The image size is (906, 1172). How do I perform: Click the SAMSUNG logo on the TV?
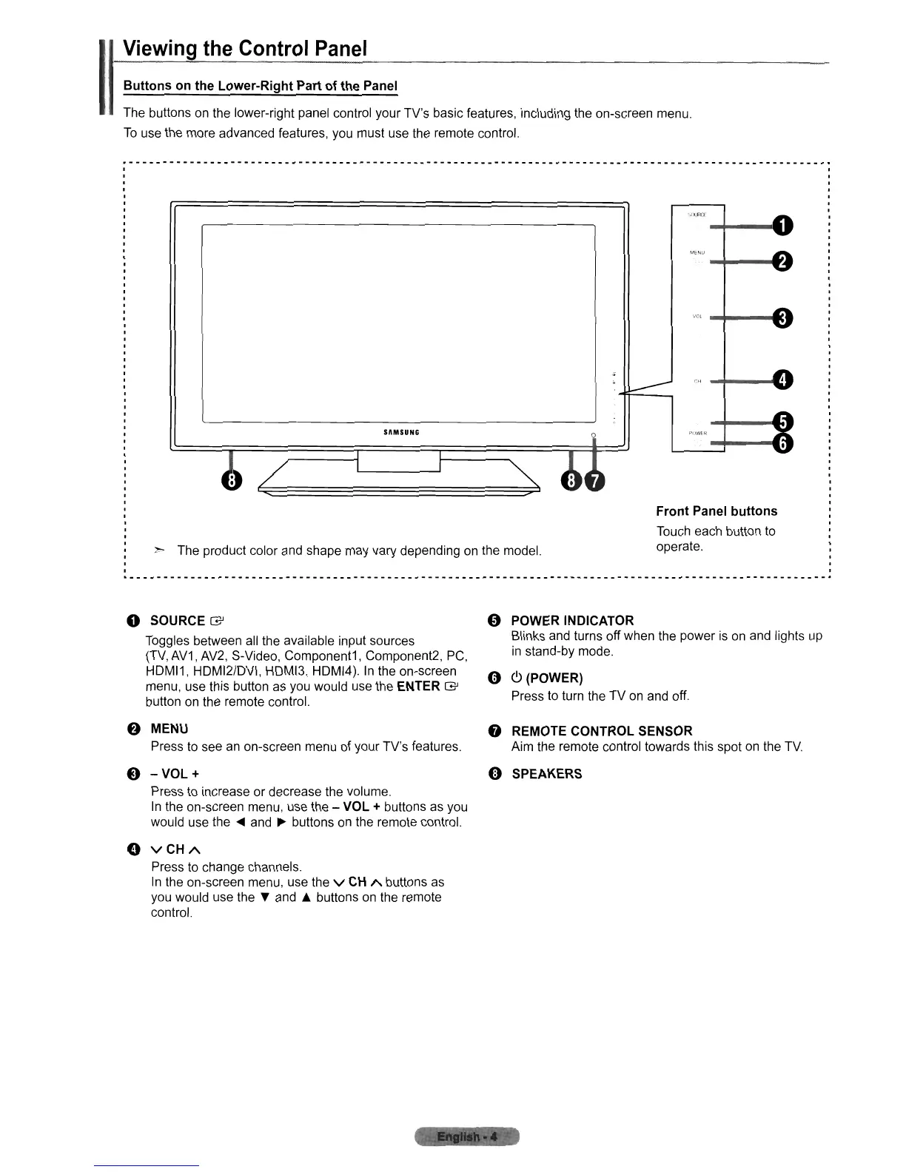click(x=400, y=433)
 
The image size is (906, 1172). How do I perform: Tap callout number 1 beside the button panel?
click(x=782, y=224)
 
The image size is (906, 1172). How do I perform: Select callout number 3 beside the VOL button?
click(x=782, y=318)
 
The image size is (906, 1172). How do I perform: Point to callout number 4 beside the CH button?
click(x=782, y=380)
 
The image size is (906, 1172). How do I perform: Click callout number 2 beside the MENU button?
click(x=782, y=260)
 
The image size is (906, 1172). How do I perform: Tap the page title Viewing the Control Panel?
click(x=245, y=50)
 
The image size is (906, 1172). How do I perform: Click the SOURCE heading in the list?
click(x=178, y=621)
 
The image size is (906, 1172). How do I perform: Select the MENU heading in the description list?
click(x=170, y=730)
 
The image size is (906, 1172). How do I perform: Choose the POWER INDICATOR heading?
click(x=572, y=621)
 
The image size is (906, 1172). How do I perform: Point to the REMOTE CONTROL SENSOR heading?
click(x=602, y=731)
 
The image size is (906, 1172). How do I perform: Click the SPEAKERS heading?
click(x=546, y=774)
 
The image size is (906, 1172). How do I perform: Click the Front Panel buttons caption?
click(x=717, y=511)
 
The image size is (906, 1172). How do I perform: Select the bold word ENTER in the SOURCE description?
click(x=418, y=687)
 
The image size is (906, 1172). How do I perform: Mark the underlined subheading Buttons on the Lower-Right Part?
click(x=260, y=86)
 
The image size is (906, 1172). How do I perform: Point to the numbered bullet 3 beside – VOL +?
click(x=133, y=774)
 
